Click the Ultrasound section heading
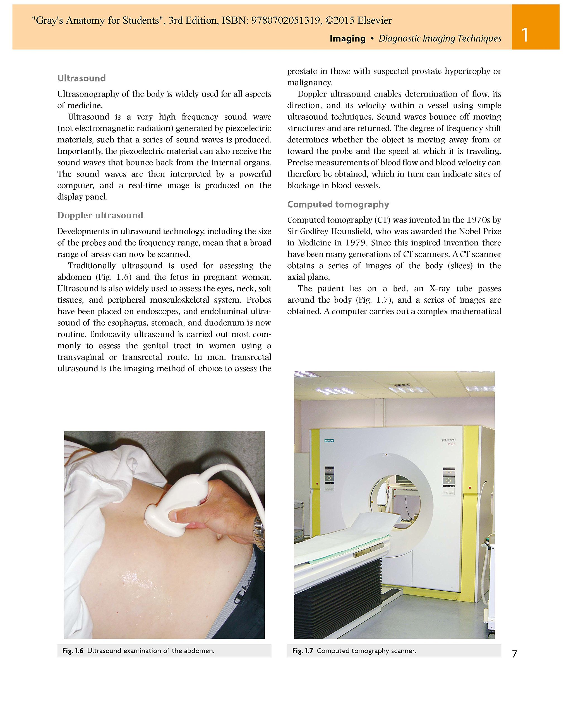pyautogui.click(x=81, y=78)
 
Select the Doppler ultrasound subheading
pyautogui.click(x=100, y=215)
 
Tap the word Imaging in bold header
pyautogui.click(x=347, y=38)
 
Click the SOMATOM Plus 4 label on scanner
pyautogui.click(x=448, y=442)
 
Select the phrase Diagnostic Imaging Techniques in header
pyautogui.click(x=440, y=38)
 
